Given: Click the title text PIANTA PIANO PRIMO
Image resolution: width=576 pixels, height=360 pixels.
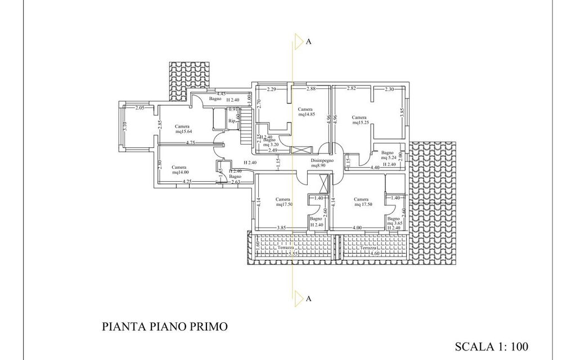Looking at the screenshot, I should pos(165,326).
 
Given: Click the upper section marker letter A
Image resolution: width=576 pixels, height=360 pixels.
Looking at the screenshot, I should pos(309,42).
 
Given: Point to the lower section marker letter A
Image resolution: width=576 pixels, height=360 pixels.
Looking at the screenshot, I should pos(309,299).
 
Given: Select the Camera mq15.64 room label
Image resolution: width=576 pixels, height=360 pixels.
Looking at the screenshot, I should pos(182,129).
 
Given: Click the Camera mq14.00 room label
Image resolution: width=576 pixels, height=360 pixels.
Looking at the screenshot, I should pos(180,169).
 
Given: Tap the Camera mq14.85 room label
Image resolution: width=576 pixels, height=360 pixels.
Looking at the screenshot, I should pos(305,111).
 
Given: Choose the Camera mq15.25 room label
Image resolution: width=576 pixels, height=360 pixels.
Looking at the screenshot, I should pos(360,120).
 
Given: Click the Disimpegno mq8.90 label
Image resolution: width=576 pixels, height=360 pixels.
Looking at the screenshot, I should pos(323,163).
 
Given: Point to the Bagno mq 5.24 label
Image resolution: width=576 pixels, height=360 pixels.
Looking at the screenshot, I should pos(388,155).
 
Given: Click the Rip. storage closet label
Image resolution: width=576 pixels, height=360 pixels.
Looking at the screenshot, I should pos(232,120).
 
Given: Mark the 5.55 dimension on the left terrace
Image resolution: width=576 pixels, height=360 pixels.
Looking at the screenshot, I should pos(293,254).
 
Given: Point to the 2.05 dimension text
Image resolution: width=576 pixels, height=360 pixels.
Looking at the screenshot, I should pos(140,107).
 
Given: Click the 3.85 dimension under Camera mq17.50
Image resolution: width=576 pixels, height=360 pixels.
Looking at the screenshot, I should pos(282,228).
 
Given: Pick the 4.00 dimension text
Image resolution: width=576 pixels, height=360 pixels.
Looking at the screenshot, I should pos(357,228).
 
